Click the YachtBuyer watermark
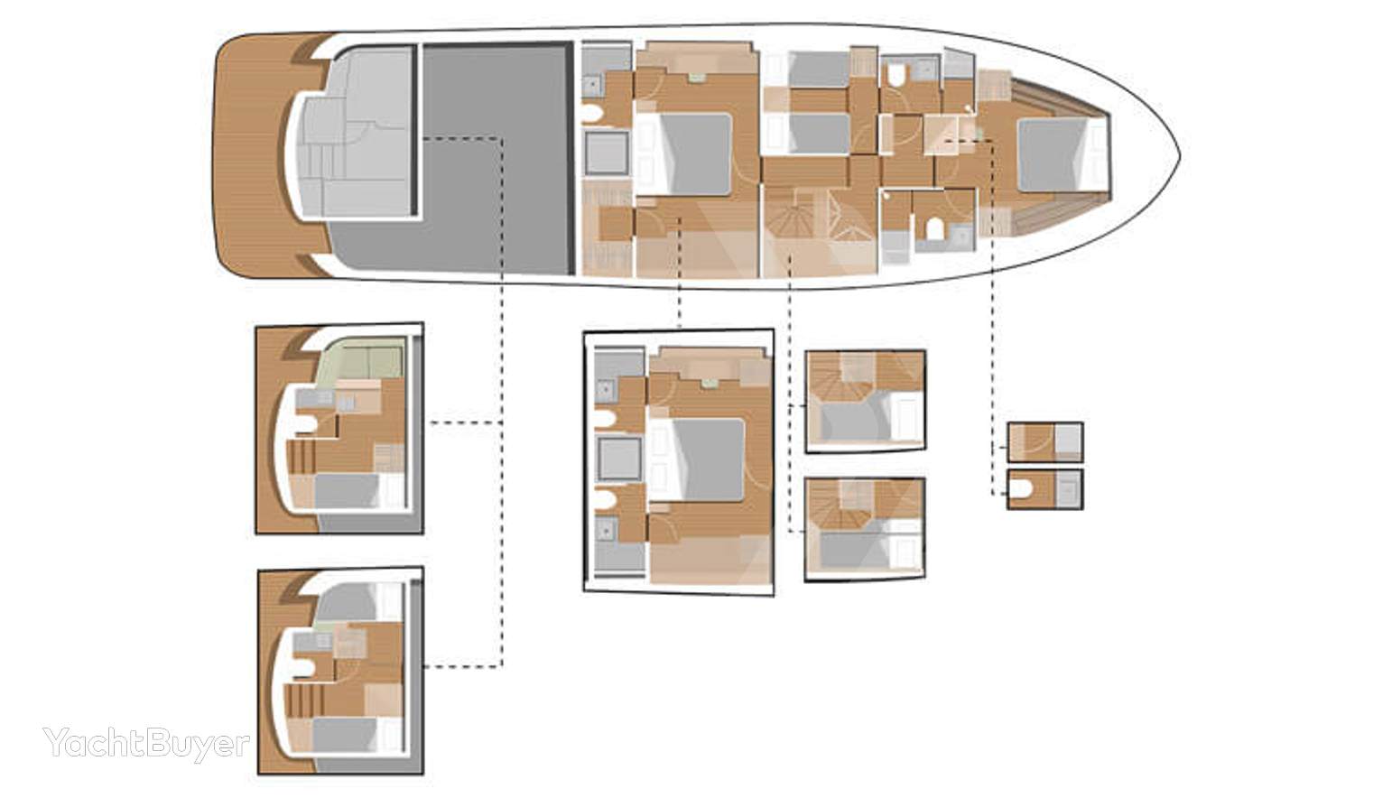146,743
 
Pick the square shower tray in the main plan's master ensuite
607,153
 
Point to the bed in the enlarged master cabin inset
697,459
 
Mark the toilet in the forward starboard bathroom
934,228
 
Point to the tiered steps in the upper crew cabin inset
302,457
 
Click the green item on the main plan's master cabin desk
695,77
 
